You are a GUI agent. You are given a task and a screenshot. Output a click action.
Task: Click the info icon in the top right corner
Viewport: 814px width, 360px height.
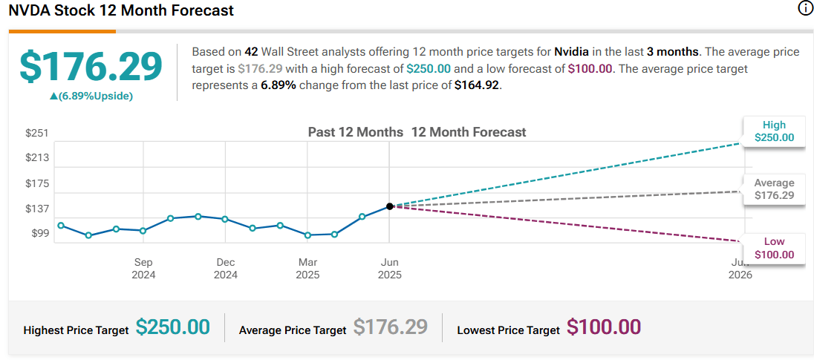pos(804,9)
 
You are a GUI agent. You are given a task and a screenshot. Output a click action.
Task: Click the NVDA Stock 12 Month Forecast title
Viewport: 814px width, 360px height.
pos(121,10)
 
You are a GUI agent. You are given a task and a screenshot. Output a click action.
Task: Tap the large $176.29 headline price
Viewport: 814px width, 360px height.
pos(91,67)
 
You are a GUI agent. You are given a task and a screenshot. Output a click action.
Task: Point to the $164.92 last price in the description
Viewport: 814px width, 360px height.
pos(478,85)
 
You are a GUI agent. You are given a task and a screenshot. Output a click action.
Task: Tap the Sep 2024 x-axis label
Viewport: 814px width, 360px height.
pos(143,268)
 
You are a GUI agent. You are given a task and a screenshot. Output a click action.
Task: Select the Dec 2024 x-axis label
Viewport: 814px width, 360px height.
pos(226,268)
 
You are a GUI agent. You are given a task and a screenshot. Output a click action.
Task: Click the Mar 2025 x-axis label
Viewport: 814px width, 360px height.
pos(307,268)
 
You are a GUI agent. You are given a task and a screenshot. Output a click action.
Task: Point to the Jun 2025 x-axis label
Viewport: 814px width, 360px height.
pos(389,268)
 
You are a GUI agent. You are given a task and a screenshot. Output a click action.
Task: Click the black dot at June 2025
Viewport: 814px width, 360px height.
pos(390,206)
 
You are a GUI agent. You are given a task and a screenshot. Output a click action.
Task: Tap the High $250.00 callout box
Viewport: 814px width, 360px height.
pos(774,131)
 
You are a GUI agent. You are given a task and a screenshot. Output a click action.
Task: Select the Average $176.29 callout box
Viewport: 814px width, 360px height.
pos(774,189)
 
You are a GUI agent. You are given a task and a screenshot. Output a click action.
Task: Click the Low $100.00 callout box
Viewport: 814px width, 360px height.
pos(774,248)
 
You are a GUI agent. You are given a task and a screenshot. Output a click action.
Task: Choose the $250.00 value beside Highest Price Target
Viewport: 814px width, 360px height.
pos(172,327)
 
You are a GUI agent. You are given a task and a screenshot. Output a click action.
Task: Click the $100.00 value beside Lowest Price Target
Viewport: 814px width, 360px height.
pos(603,327)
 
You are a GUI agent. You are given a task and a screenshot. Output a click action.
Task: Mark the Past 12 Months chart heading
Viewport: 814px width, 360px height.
pos(355,132)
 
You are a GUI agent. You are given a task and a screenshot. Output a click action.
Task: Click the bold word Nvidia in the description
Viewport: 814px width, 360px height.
pos(573,52)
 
